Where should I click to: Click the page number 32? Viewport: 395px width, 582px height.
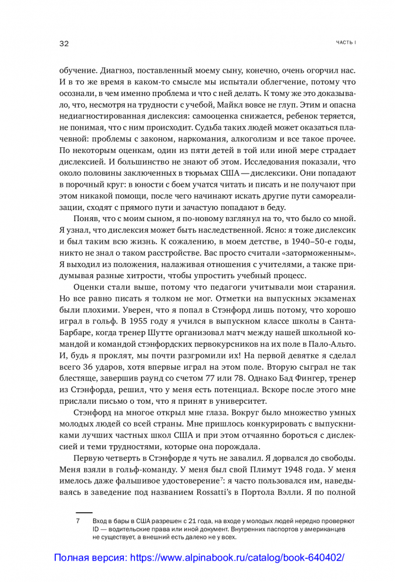point(64,44)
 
